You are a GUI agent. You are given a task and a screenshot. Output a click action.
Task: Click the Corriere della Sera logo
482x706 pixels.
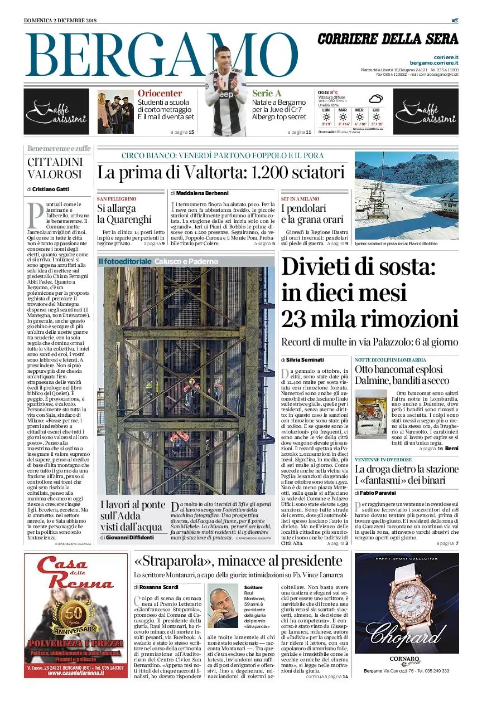[x=388, y=39]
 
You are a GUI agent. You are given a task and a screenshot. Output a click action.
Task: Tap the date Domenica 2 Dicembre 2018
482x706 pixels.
[x=60, y=21]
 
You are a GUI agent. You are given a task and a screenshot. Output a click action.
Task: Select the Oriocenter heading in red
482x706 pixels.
[x=160, y=94]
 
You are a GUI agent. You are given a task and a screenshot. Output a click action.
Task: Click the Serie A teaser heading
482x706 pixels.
[x=267, y=94]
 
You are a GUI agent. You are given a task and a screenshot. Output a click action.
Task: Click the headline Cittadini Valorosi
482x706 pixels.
[x=55, y=168]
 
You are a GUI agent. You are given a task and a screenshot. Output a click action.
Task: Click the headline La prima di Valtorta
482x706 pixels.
[x=221, y=172]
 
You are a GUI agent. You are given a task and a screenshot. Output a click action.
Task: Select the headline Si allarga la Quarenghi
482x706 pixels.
[x=124, y=213]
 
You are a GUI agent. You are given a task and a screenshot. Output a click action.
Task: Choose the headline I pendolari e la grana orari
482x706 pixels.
[x=312, y=214]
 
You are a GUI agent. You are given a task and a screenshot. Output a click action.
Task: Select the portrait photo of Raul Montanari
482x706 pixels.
[x=223, y=606]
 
